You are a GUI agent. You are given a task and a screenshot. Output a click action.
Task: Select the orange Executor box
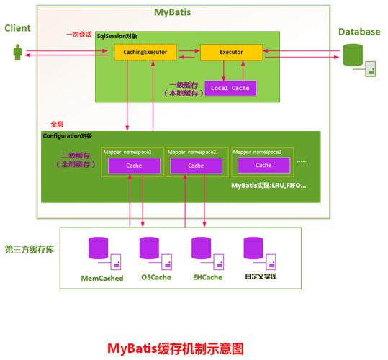[230, 53]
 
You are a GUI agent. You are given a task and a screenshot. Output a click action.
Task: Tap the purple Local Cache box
[230, 87]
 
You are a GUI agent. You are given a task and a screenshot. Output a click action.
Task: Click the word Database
[359, 32]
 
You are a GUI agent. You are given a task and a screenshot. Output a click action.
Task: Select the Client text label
[18, 28]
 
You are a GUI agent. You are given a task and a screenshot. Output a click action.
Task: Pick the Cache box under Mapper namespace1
[133, 166]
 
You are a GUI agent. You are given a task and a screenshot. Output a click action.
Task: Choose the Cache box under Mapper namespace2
[196, 166]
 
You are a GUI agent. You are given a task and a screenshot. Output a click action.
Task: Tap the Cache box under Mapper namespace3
[258, 166]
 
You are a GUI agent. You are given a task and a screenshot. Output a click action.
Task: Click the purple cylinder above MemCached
[98, 248]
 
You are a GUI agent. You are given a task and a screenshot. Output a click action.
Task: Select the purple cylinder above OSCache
[150, 248]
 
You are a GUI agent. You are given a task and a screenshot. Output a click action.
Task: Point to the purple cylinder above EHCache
[201, 248]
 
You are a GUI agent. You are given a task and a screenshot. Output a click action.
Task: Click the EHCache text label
[207, 277]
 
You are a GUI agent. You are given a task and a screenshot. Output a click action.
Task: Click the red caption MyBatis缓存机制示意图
[175, 348]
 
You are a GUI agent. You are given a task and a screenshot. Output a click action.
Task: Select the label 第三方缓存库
[28, 250]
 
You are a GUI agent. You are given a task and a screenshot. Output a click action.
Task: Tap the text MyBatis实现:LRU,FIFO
[269, 186]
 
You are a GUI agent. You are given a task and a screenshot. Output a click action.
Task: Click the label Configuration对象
[67, 136]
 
